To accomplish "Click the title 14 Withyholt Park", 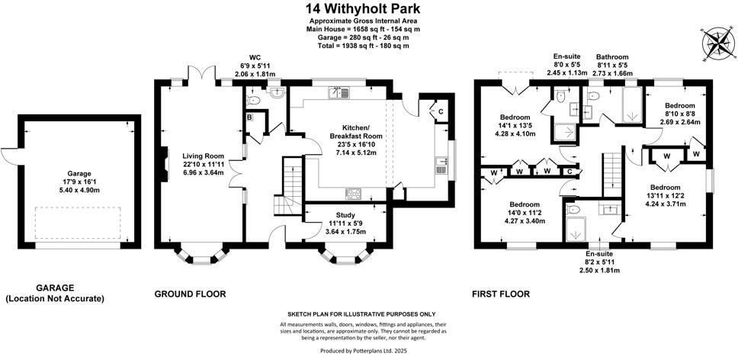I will tap(369, 8).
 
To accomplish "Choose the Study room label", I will tap(343, 215).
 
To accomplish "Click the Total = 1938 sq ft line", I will tap(369, 46).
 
